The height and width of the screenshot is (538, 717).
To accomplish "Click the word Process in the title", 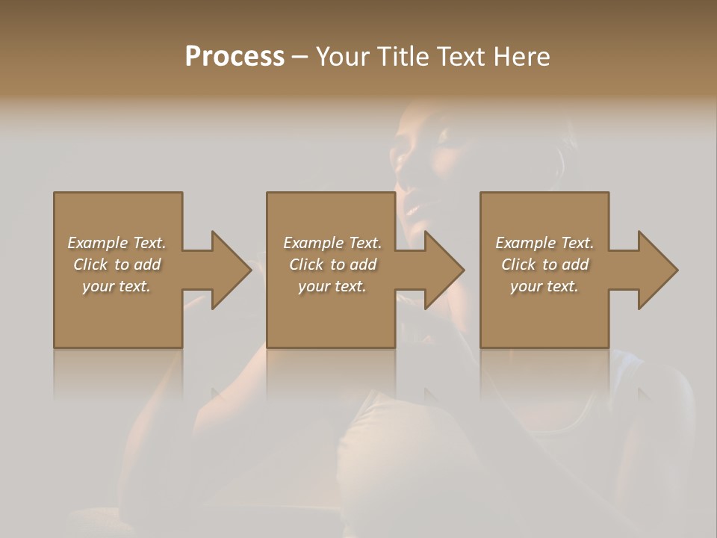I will (235, 57).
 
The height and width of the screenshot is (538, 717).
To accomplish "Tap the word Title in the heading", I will (401, 57).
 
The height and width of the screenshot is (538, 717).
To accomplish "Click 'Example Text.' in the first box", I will (117, 242).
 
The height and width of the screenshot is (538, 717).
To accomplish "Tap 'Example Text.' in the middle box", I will (332, 242).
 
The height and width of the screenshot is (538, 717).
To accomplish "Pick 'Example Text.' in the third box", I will (544, 242).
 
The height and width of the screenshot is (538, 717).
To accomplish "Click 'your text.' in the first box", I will (117, 286).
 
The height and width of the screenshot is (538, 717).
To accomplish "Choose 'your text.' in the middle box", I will (332, 286).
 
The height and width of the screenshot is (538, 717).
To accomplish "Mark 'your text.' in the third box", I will (544, 286).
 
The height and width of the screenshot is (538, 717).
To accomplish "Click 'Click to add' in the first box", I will (117, 265).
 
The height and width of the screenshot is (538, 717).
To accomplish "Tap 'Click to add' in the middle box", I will (332, 265).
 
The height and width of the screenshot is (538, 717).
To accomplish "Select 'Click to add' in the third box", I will (544, 265).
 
